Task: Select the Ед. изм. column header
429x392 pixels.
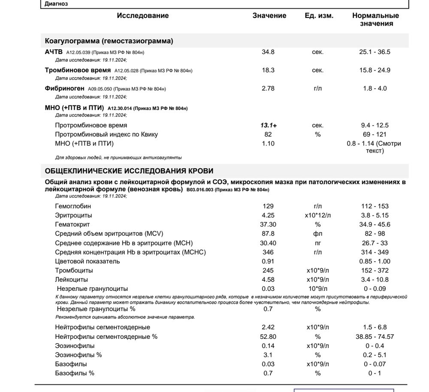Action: tap(319, 16)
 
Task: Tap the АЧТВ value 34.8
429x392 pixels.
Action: tap(268, 52)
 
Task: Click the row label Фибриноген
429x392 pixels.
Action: tap(64, 89)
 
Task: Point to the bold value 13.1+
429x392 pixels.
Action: tap(269, 126)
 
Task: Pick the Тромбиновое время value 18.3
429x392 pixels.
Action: tap(268, 70)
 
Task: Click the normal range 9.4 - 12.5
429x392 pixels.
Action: tap(375, 126)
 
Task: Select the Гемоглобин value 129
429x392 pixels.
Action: tap(268, 206)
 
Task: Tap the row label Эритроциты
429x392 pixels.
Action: tap(73, 215)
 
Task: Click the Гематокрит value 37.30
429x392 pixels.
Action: tap(269, 224)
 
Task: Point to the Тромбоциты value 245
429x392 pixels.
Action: tap(268, 271)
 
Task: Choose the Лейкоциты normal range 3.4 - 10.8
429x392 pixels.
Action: tap(375, 280)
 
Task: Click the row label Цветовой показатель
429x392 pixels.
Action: tap(88, 261)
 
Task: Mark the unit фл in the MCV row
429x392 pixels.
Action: tap(317, 234)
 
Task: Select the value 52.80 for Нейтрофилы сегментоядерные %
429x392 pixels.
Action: tap(269, 337)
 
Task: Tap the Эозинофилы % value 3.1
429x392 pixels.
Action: tap(268, 355)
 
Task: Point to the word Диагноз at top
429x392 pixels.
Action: tap(56, 4)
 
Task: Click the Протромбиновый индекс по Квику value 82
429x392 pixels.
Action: tap(268, 135)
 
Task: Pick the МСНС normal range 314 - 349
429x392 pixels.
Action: tap(375, 252)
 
